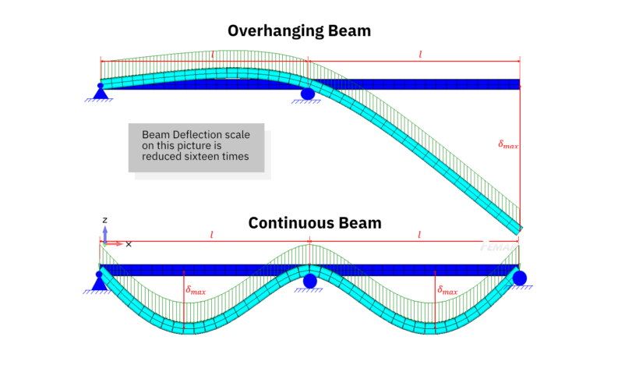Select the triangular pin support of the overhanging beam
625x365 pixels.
click(x=100, y=92)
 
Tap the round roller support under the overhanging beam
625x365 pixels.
click(x=307, y=93)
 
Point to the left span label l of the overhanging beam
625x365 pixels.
click(x=212, y=55)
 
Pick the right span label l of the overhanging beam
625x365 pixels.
click(x=420, y=54)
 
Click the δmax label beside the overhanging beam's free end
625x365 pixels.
click(x=508, y=144)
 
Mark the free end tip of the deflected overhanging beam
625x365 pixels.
click(x=518, y=226)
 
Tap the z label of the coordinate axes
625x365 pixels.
click(x=104, y=220)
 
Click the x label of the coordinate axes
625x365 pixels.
click(x=129, y=244)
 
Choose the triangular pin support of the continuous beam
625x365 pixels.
click(x=99, y=282)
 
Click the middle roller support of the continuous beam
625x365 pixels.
click(x=310, y=280)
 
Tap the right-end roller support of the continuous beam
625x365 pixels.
click(x=520, y=277)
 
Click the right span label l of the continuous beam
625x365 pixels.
click(x=420, y=234)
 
